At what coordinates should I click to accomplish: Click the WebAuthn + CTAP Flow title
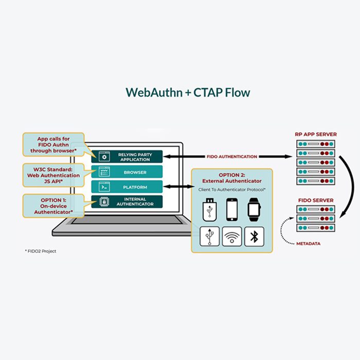(188, 93)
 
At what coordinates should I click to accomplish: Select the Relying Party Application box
(127, 157)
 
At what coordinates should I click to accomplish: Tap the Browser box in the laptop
(127, 172)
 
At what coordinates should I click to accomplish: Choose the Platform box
(127, 187)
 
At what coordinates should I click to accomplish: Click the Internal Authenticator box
(127, 202)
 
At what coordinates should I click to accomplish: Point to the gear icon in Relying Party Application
(104, 157)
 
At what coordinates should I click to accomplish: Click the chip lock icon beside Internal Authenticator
(104, 202)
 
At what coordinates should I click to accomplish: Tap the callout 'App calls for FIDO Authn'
(53, 145)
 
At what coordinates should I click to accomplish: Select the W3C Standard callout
(53, 175)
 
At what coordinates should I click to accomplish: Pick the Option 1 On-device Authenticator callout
(53, 206)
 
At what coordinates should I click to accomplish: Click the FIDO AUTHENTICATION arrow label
(232, 156)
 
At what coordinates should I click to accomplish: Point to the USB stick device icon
(209, 210)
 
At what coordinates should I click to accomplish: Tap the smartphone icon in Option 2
(232, 210)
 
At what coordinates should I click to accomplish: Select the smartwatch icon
(254, 210)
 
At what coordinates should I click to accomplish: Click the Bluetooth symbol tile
(254, 237)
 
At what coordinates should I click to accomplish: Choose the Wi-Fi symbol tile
(232, 237)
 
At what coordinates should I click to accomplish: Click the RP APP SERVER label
(316, 134)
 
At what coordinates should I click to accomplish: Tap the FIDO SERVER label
(316, 200)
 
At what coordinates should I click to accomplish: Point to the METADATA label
(309, 244)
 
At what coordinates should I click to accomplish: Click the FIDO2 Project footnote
(41, 251)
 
